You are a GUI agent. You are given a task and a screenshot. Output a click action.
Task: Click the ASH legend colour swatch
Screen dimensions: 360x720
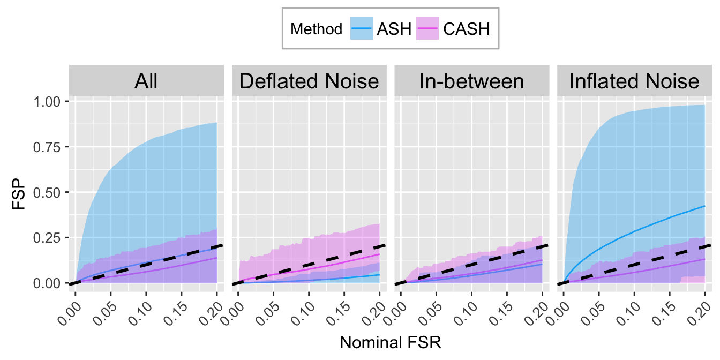362,28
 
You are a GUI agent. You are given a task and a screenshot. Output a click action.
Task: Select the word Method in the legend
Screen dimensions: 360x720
316,29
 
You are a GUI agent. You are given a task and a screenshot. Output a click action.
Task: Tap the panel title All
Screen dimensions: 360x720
146,81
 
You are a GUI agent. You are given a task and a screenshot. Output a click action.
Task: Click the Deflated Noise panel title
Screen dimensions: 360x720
309,81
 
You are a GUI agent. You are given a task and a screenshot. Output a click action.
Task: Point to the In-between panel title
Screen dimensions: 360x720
471,81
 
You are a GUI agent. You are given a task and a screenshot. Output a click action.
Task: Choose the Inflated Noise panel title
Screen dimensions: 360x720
634,81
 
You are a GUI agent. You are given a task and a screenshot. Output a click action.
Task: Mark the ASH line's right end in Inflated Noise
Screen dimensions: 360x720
704,206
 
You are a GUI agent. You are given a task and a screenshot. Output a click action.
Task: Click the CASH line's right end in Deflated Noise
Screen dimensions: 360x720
379,254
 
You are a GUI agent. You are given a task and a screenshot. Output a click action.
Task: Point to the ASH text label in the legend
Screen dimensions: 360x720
394,29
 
